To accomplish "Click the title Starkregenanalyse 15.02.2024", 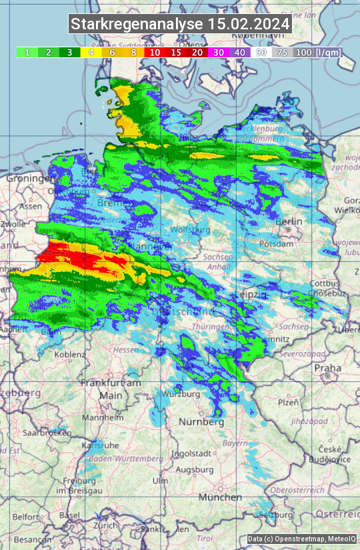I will click(x=180, y=24).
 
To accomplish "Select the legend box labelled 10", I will click(x=155, y=52).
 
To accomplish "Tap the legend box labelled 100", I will click(x=303, y=52).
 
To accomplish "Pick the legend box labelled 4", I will click(x=91, y=52).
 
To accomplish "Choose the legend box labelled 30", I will click(x=219, y=52).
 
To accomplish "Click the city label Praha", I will click(x=327, y=367).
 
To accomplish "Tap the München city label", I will click(x=219, y=497).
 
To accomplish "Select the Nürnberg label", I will click(x=201, y=422).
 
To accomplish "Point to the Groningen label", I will click(x=29, y=179).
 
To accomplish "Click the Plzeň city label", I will click(x=288, y=403).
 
